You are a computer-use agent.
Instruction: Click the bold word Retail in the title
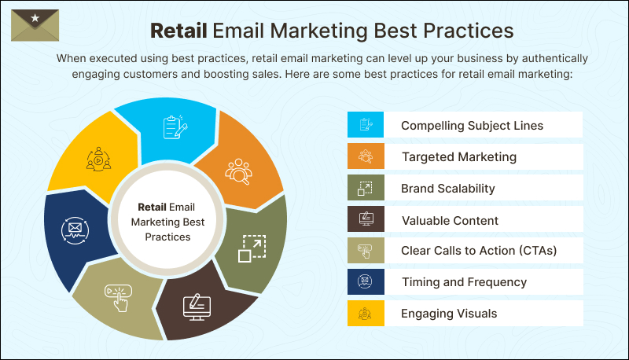(x=178, y=31)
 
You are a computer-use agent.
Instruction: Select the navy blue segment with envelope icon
(x=75, y=231)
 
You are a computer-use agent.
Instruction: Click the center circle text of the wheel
(x=165, y=222)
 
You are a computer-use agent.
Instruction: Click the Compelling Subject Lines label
(x=472, y=125)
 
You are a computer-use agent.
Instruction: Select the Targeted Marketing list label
(x=458, y=156)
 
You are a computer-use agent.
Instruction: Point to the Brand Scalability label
(x=447, y=189)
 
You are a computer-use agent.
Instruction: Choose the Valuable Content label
(x=450, y=220)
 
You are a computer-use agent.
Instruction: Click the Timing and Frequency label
(x=464, y=282)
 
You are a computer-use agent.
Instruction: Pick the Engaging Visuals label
(x=449, y=314)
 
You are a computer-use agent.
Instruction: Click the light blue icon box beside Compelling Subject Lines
(x=366, y=125)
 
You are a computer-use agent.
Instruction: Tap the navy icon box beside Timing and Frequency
(x=366, y=282)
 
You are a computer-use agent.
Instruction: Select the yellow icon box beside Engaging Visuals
(x=366, y=314)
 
